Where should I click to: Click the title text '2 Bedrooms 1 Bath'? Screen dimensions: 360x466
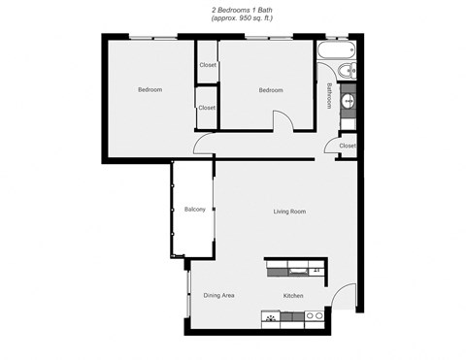pos(232,9)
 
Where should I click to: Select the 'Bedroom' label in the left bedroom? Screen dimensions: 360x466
pos(150,90)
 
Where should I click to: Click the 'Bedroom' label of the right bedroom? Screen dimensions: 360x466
pos(270,90)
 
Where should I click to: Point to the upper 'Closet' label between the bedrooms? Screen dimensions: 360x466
pos(207,65)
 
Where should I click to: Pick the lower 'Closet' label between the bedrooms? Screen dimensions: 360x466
pos(207,108)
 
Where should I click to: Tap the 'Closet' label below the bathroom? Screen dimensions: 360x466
pos(347,146)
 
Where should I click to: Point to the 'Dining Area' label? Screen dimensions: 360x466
pos(218,295)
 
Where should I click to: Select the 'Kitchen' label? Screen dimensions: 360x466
pos(293,295)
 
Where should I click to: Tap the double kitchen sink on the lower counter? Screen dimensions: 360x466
pos(314,316)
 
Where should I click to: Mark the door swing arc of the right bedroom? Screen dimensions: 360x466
pos(283,121)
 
